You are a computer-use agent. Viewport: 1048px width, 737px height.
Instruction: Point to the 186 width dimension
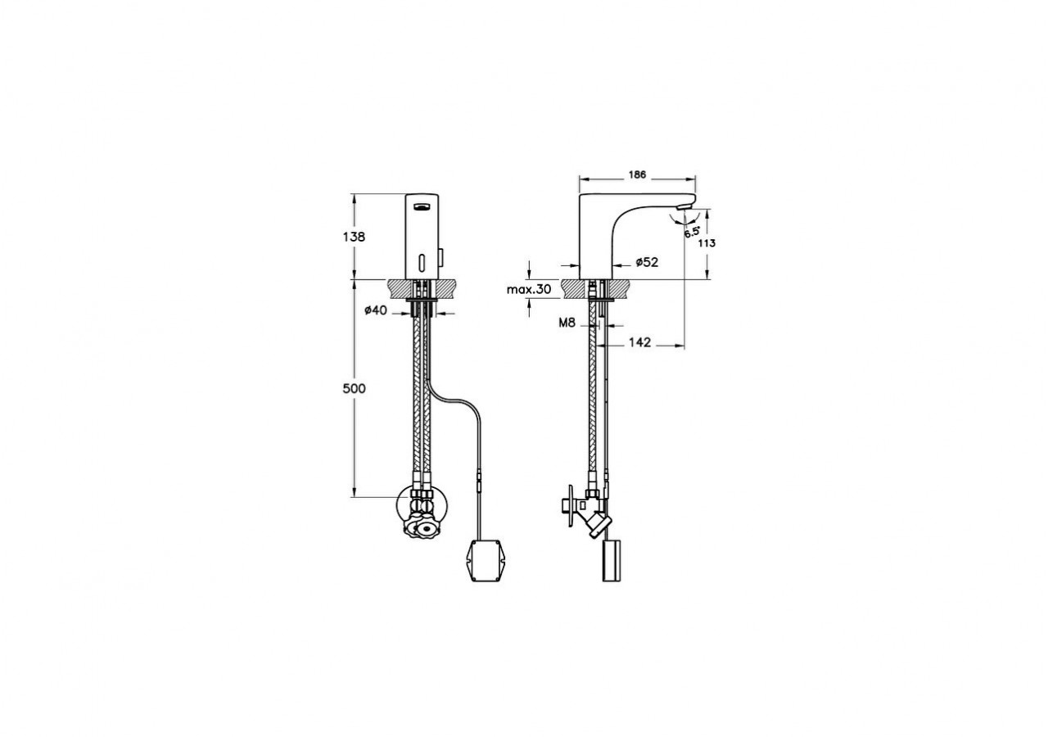(637, 174)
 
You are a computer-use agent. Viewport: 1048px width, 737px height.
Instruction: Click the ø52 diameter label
(646, 262)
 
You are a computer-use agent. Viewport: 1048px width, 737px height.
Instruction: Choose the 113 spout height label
(707, 243)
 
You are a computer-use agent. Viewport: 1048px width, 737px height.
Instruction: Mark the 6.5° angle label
(693, 233)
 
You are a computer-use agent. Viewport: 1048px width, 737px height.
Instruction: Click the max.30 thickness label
(529, 290)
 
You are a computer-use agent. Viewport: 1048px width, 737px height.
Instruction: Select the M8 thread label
(568, 323)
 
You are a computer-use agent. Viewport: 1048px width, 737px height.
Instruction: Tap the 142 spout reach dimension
(640, 343)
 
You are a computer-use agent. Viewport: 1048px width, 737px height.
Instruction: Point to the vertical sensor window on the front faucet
(422, 264)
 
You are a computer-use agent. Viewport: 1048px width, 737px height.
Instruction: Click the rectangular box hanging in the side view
(612, 560)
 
